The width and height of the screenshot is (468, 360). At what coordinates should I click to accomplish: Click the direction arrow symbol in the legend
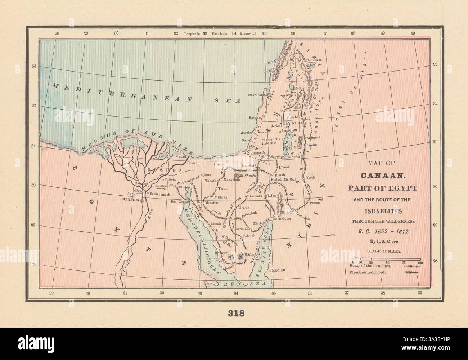412,273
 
